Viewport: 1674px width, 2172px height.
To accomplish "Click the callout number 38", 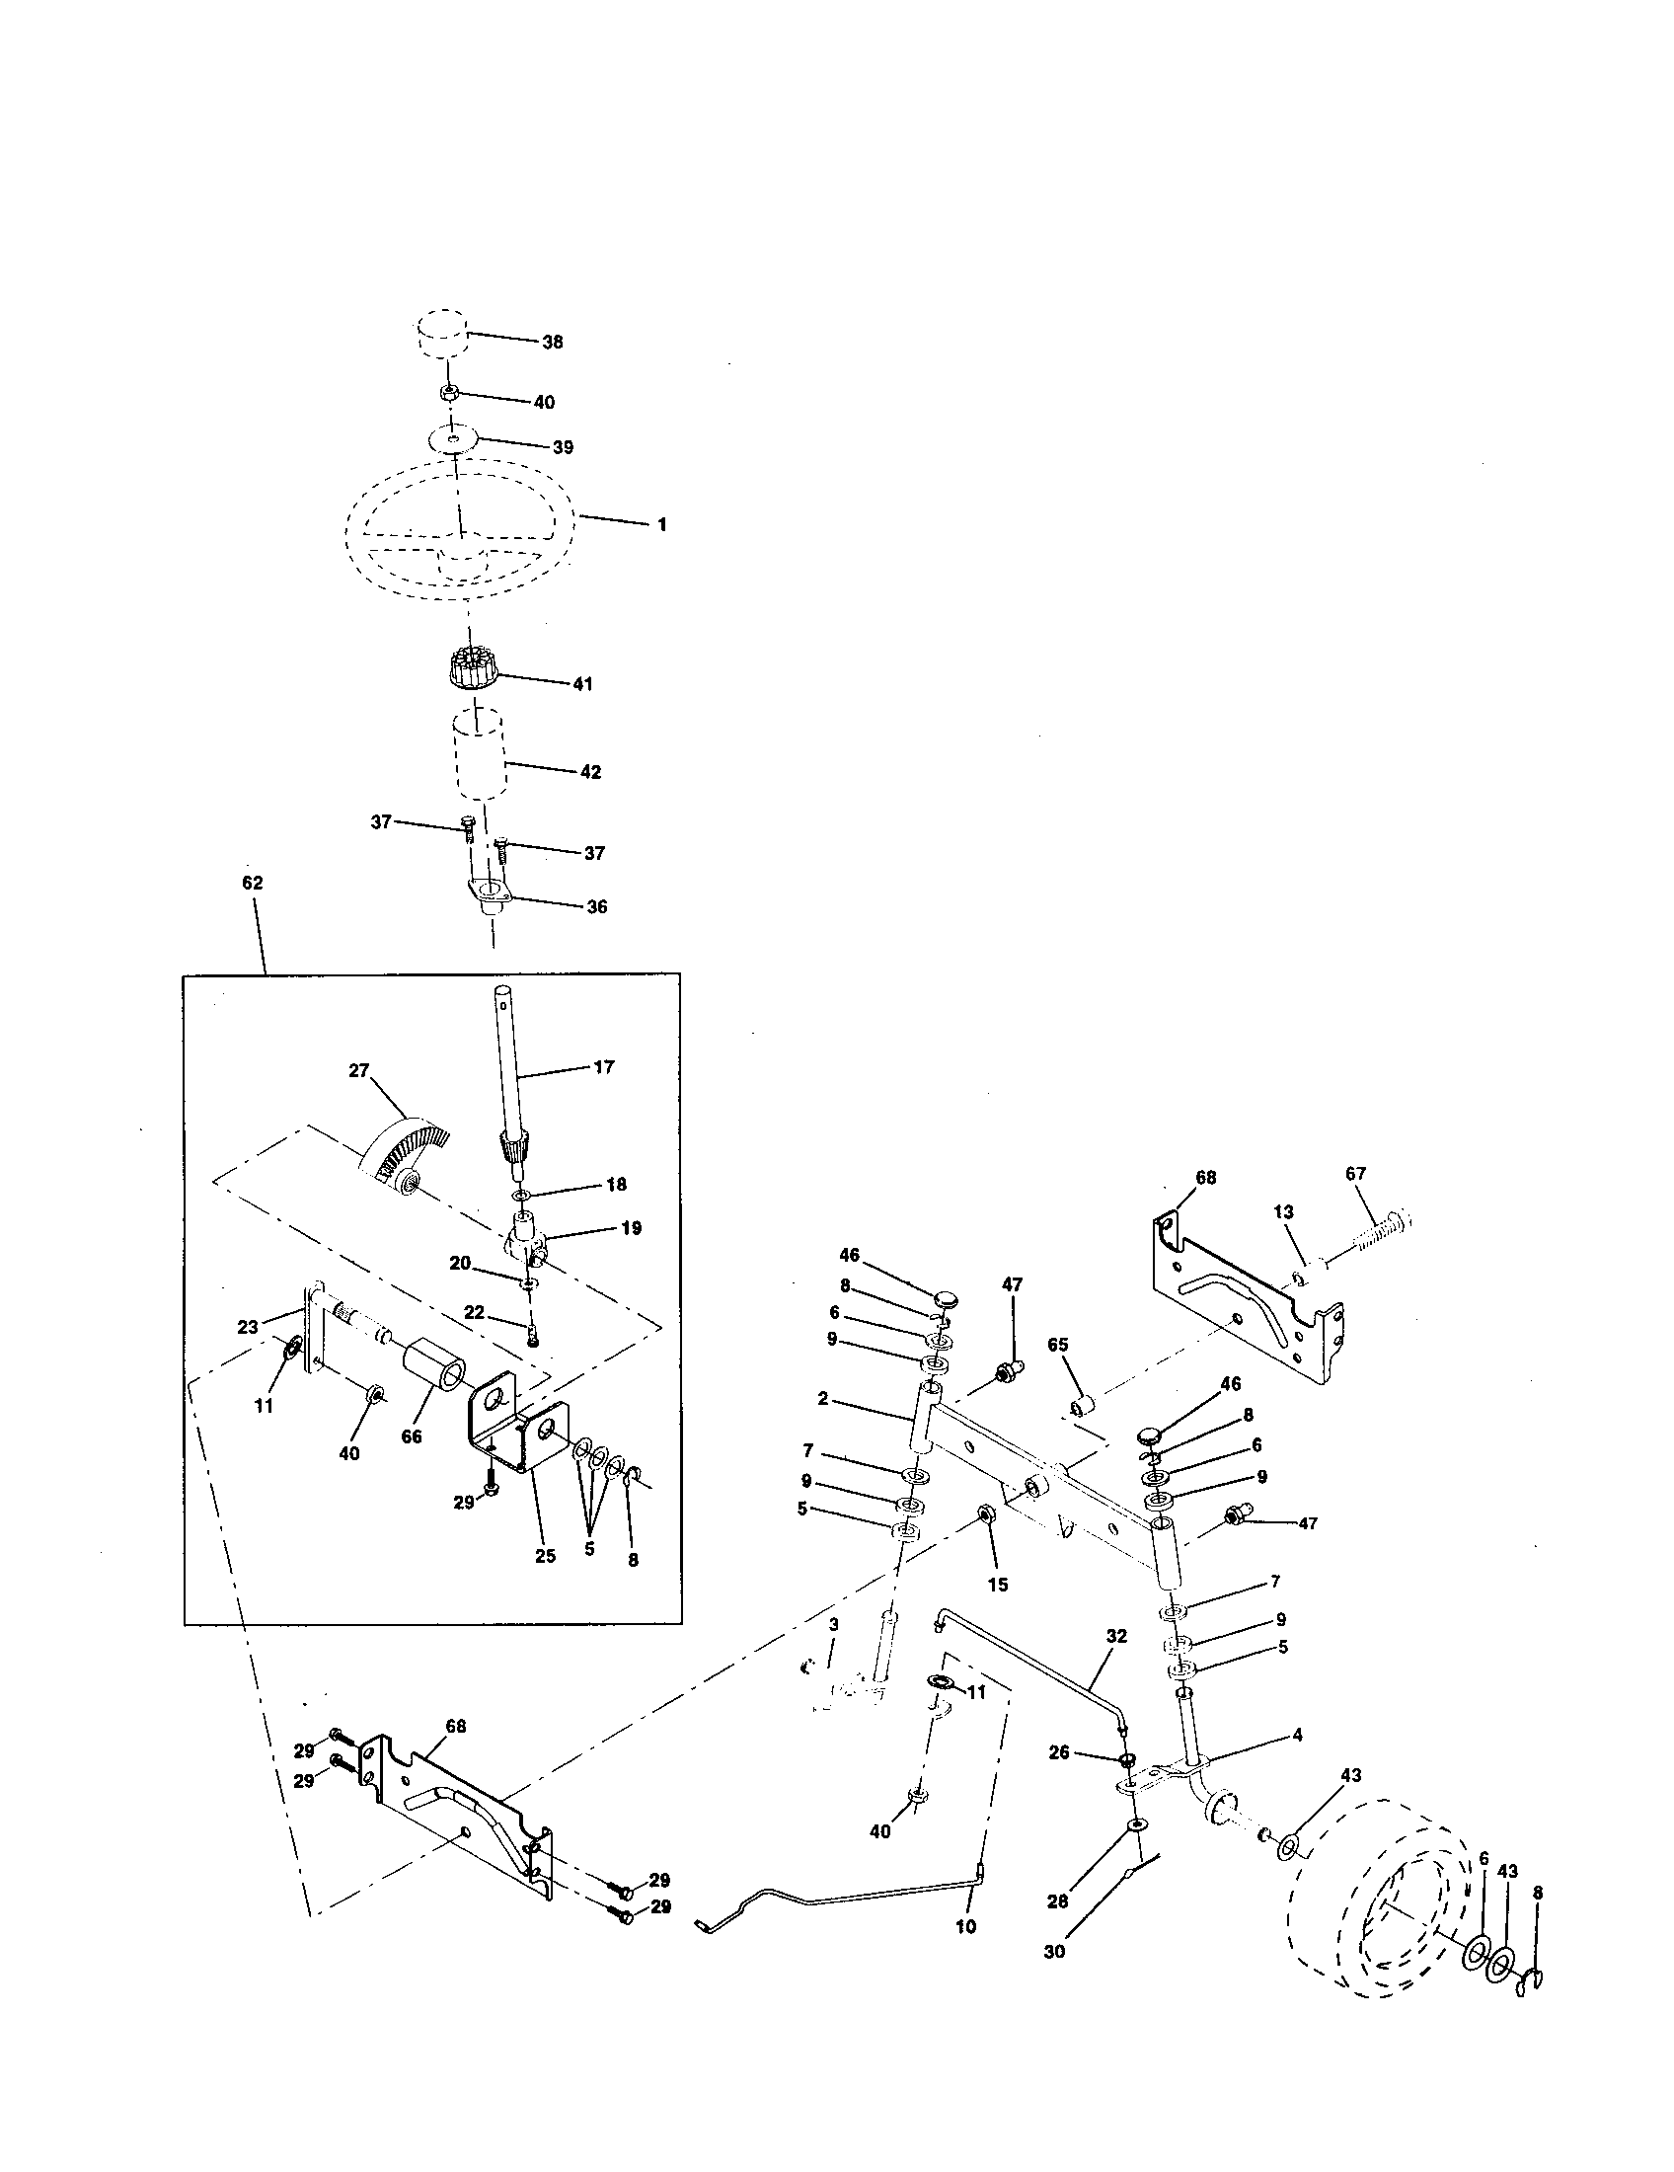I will coord(552,343).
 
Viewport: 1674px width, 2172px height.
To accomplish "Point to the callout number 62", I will coord(253,882).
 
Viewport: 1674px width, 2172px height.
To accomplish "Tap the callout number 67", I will coord(1356,1175).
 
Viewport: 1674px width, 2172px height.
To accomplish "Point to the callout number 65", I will coord(1058,1345).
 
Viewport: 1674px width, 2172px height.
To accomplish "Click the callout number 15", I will coord(997,1585).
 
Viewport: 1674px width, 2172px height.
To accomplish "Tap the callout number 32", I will coord(1116,1636).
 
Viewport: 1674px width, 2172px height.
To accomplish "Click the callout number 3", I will coord(833,1624).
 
